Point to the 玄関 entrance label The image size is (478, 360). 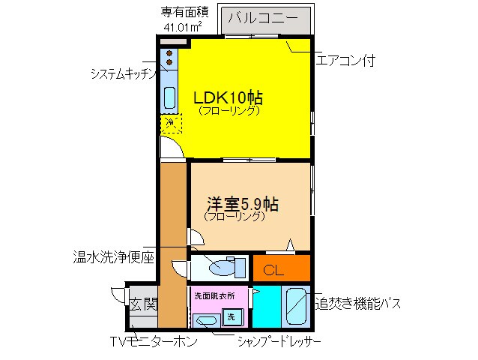(x=143, y=304)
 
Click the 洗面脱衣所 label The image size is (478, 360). (x=214, y=296)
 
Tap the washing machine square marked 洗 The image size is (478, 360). (x=232, y=316)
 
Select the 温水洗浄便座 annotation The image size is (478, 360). (x=109, y=257)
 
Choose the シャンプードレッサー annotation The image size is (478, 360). (x=279, y=343)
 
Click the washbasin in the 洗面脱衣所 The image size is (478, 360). (x=205, y=322)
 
